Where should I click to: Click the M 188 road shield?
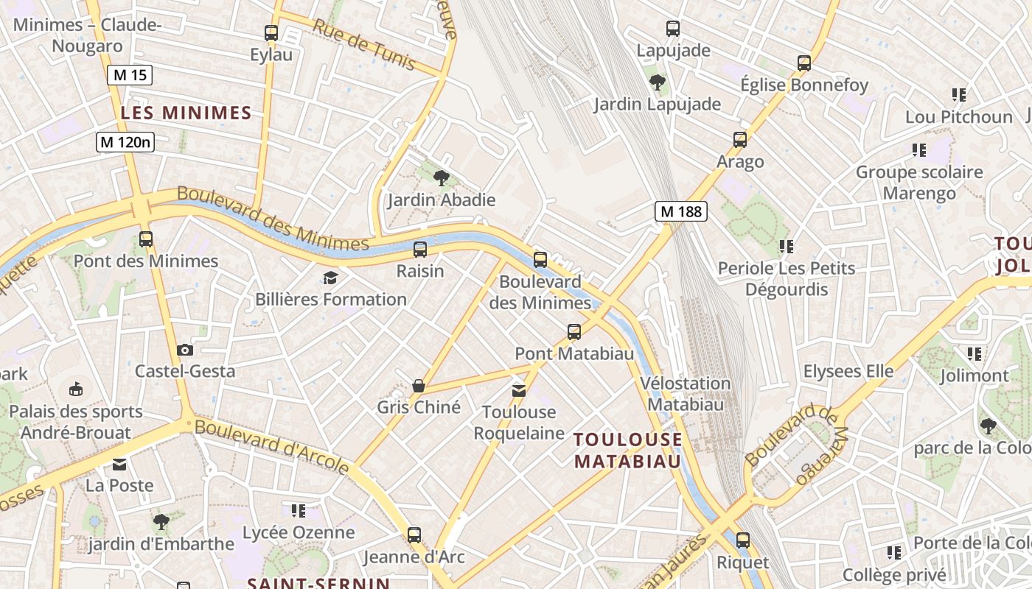pos(681,212)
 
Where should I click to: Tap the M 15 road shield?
pos(130,74)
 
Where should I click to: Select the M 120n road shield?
pos(125,142)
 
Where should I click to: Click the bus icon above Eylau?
pos(271,33)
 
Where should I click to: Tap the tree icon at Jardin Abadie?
pos(442,177)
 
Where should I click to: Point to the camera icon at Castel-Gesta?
pos(185,350)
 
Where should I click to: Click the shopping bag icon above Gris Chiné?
pos(419,386)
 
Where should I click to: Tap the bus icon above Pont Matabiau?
pos(574,332)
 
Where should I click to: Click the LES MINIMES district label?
pos(186,113)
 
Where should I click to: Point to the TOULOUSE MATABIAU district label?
pos(628,450)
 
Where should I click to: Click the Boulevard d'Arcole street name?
pos(272,446)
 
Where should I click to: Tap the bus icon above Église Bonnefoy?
pos(804,63)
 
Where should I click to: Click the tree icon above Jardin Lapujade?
pos(657,82)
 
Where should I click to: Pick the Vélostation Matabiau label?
pos(686,393)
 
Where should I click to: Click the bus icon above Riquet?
pos(743,540)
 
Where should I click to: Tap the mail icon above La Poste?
pos(119,464)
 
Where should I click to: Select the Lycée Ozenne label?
pos(299,532)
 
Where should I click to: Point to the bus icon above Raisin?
pos(420,250)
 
